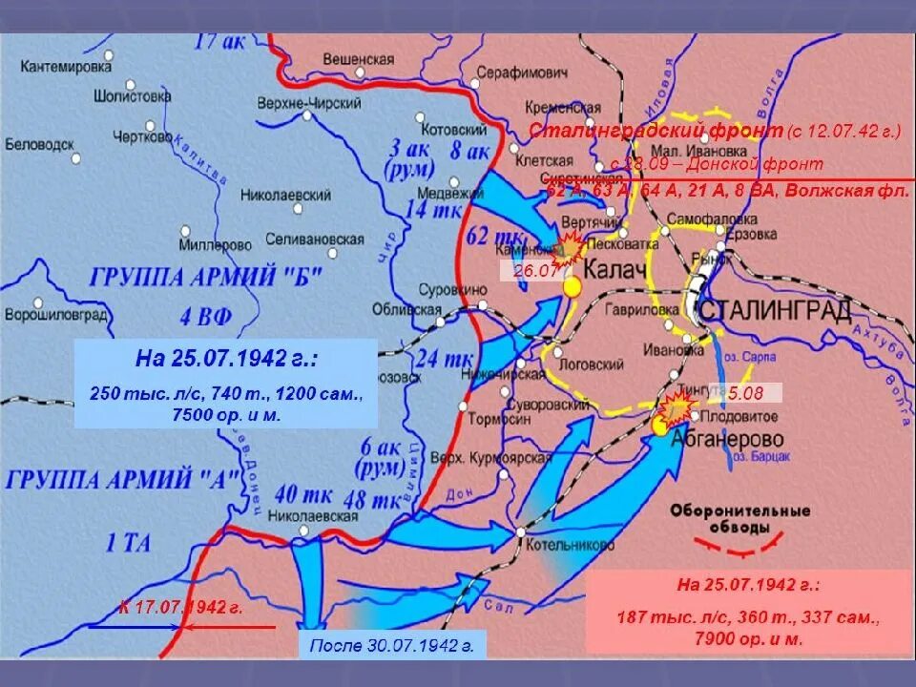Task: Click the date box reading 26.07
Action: (x=529, y=271)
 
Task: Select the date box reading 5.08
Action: (x=752, y=392)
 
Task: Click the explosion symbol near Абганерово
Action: (x=676, y=407)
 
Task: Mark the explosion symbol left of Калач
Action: (x=570, y=248)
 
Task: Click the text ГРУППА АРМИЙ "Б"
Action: (x=208, y=278)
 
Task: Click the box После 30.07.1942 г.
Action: (x=391, y=645)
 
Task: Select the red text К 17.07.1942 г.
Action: (x=181, y=607)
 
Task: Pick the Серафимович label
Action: (x=523, y=73)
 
